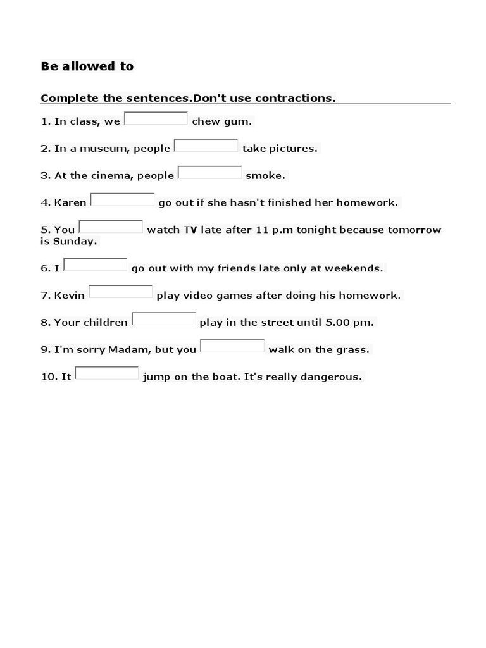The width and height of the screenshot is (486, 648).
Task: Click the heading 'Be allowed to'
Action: coord(87,66)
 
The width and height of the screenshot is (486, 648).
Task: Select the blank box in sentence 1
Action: coord(156,118)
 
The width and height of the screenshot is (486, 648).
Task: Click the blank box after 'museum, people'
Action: coord(206,146)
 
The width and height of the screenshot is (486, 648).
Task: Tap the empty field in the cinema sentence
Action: coord(209,173)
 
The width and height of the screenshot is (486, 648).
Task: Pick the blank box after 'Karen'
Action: coord(122,200)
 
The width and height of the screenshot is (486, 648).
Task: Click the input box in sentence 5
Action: coord(111,227)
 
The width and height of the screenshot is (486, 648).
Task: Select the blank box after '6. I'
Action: coord(96,265)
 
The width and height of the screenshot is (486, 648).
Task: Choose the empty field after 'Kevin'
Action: coord(120,292)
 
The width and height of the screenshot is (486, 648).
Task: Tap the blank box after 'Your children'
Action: coord(163,319)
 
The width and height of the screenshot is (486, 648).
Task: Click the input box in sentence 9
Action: coord(232,346)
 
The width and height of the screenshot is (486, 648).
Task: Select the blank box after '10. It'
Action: coord(106,373)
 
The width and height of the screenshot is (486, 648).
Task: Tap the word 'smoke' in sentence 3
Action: coord(265,176)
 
